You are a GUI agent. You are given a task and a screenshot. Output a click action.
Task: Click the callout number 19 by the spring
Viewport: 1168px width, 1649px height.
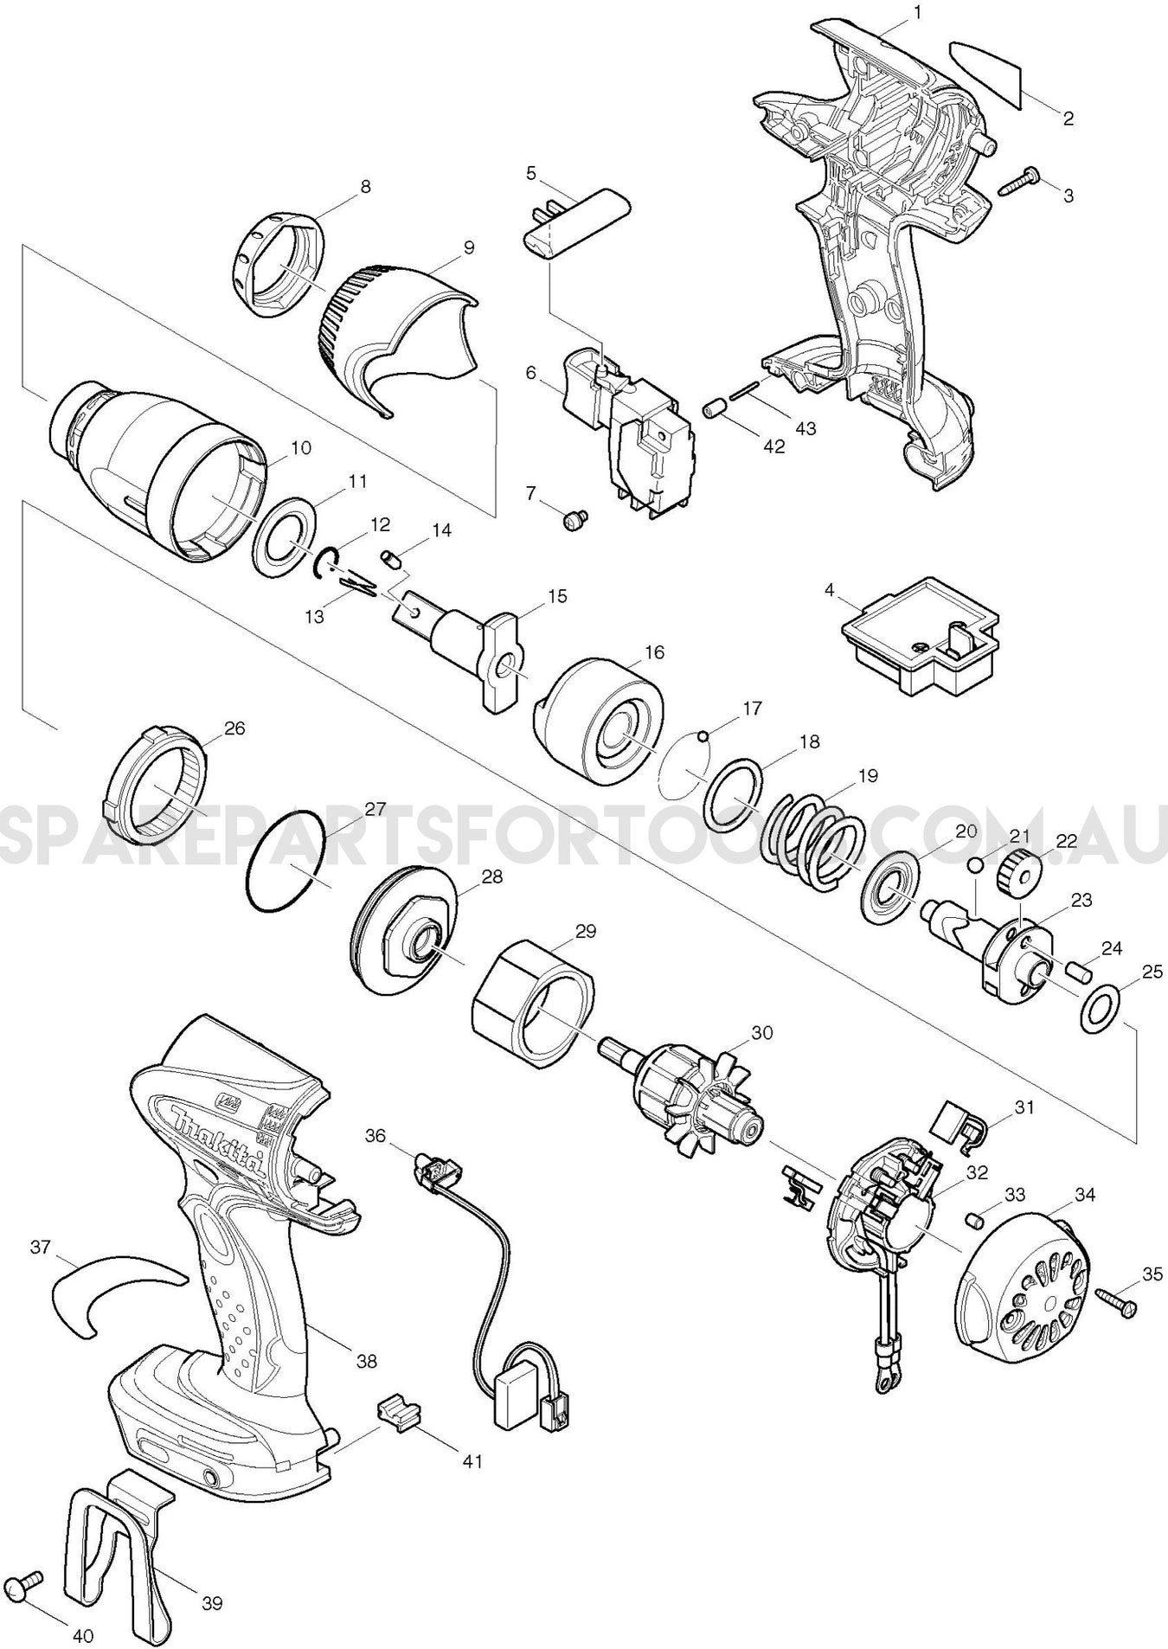click(868, 775)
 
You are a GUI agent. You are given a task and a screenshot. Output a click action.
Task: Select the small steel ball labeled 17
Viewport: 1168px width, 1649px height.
click(703, 736)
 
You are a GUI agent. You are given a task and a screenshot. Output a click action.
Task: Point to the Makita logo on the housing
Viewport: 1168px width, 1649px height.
click(220, 1141)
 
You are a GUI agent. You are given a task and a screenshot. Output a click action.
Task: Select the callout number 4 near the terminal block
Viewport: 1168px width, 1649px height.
click(830, 591)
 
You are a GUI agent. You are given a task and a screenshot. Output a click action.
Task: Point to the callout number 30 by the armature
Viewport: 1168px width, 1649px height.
click(762, 1032)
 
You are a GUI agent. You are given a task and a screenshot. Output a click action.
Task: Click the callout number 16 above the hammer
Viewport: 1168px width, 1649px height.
click(654, 652)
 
